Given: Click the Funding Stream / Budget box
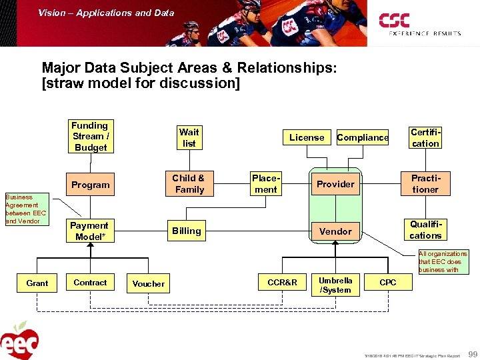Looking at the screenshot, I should [x=91, y=136].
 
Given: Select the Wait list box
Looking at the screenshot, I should [x=189, y=137].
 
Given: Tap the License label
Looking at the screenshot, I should [x=307, y=137].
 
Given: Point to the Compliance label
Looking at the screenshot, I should [x=363, y=137].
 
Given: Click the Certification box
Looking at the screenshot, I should [x=425, y=138].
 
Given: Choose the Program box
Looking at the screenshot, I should [x=91, y=185].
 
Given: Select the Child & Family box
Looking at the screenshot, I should [x=189, y=184].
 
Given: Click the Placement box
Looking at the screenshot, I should [x=266, y=184].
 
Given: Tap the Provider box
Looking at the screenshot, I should [x=335, y=184].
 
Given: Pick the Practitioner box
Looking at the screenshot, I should [x=425, y=184].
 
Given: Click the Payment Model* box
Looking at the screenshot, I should [x=89, y=231].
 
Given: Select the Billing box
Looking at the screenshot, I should [x=187, y=231].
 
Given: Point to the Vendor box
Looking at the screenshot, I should [x=335, y=231].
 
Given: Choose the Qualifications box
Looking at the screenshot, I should [x=425, y=230].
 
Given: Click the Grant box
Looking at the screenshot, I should [x=37, y=283].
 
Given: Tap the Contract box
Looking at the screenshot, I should [x=90, y=283].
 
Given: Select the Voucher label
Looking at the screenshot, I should [x=148, y=283].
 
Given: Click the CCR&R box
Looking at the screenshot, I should [x=283, y=283].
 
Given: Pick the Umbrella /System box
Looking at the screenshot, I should [x=335, y=285].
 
